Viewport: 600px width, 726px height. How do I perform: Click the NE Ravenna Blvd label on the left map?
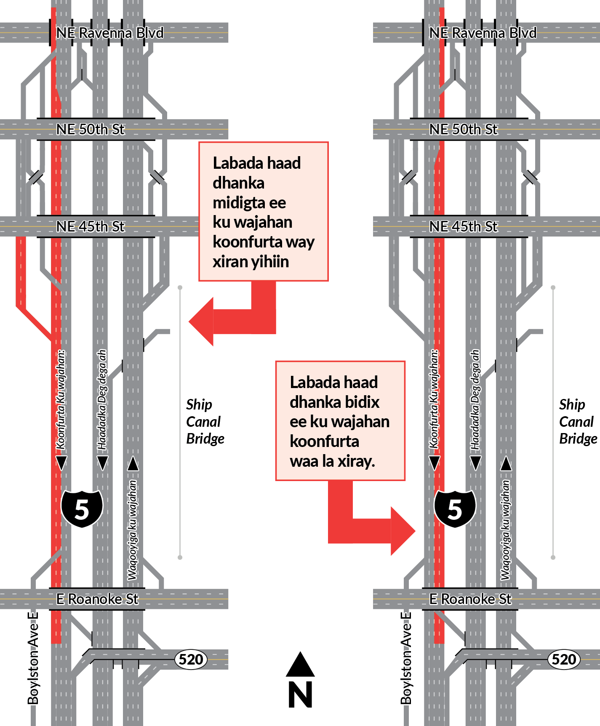pos(109,33)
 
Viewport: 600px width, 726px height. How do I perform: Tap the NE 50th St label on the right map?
pos(463,129)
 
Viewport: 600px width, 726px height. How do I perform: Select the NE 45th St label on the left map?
pos(91,226)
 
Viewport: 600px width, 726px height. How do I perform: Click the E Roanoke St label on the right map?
pos(470,599)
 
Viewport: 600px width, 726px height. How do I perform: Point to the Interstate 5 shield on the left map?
pos(82,508)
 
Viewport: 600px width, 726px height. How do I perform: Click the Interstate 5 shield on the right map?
pos(455,508)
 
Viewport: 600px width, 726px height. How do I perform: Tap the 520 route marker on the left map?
pos(191,659)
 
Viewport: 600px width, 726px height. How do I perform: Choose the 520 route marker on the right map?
pos(564,659)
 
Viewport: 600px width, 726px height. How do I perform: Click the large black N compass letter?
pos(300,694)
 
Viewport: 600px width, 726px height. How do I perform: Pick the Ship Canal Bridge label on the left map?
pos(205,421)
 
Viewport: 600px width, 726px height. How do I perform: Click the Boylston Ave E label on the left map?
pos(33,658)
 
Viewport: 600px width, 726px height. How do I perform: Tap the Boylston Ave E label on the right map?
pos(406,658)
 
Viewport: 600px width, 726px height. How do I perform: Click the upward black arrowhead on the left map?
pos(133,463)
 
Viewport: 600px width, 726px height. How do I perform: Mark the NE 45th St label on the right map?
pos(463,226)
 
